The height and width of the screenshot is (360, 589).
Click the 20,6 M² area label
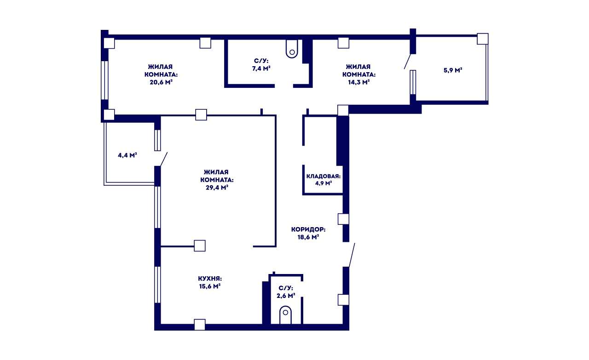161,82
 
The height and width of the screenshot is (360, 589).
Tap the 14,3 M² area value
359,82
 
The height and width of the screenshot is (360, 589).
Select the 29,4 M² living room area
217,188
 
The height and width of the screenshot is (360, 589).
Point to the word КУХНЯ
210,279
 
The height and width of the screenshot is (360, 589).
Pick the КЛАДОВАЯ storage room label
323,176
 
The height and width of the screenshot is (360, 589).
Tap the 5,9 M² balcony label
453,70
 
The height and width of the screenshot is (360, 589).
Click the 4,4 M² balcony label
127,155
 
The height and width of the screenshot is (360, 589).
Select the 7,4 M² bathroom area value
261,69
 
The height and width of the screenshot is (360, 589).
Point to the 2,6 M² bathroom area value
286,296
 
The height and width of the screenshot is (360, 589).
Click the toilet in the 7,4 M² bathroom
292,49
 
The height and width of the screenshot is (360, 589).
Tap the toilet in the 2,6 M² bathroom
286,315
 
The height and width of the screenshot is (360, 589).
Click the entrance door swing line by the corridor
352,255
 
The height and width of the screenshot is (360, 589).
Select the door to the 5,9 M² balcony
407,61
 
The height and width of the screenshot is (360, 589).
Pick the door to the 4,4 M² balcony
163,159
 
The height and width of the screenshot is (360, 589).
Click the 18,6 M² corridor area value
308,237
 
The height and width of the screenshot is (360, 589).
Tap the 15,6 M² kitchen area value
209,286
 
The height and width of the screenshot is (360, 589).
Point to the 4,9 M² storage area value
323,183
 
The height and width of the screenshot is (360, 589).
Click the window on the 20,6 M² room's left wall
104,80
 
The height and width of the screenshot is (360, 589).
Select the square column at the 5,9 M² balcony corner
483,39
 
